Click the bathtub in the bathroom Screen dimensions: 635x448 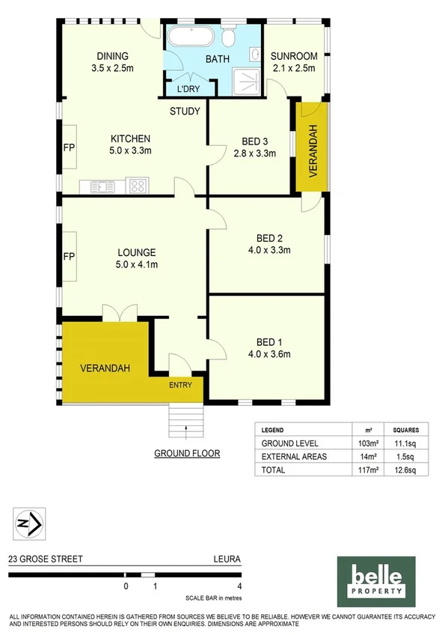tap(191, 37)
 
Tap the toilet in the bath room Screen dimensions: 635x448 tap(230, 37)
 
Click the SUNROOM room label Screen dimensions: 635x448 tap(293, 56)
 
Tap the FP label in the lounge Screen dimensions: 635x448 tap(69, 257)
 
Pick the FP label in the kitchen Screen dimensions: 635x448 tap(69, 148)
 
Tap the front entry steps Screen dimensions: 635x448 tap(185, 421)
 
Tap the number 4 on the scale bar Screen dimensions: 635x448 tap(239, 586)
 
